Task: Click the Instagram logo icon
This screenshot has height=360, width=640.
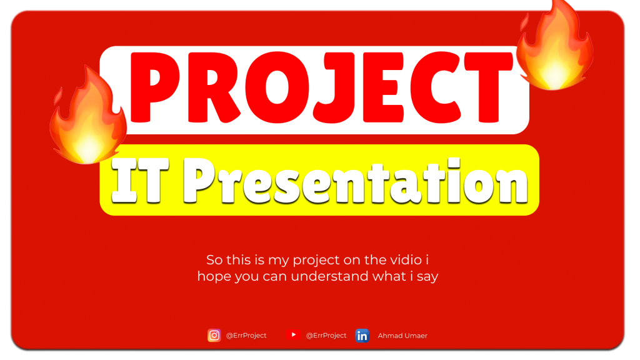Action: (214, 336)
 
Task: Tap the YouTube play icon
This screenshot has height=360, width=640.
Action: (293, 335)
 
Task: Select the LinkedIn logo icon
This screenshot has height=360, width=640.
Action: (362, 336)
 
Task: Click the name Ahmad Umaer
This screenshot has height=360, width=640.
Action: (402, 336)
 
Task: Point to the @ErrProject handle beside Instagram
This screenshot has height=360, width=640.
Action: (246, 336)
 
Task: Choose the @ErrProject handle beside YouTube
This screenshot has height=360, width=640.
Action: (326, 336)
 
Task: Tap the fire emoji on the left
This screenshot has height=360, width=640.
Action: (87, 122)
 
